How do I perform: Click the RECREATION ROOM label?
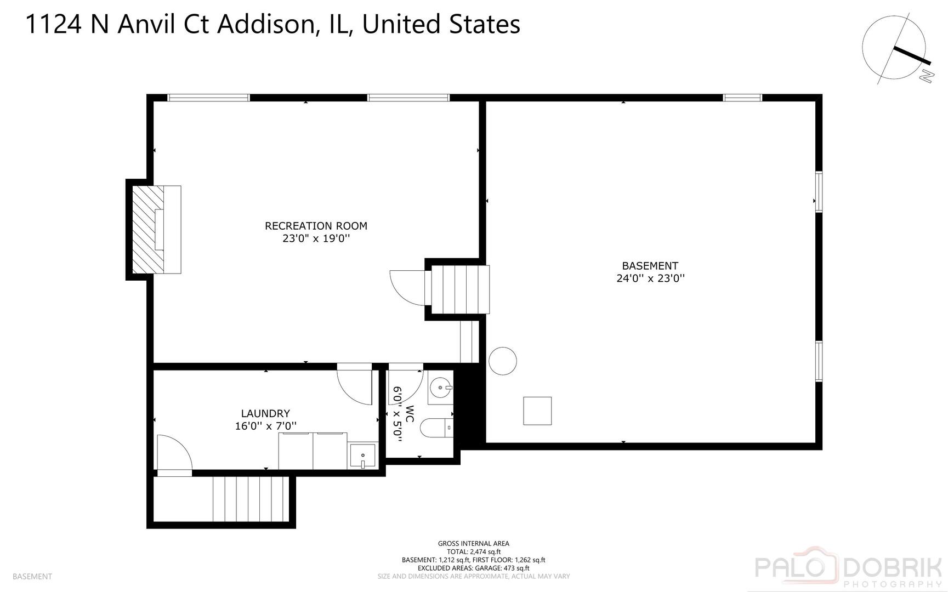[316, 226]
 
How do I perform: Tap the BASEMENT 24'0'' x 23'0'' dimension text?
[650, 278]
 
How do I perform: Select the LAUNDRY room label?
[265, 414]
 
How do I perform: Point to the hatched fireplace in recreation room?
[149, 229]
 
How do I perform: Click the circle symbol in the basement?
[502, 361]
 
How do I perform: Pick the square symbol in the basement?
[537, 411]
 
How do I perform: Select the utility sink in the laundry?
[362, 456]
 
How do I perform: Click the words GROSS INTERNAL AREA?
[473, 544]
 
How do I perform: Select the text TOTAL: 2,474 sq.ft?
[473, 552]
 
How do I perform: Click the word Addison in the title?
[266, 25]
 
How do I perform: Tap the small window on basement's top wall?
[742, 98]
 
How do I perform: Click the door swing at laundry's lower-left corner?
[173, 453]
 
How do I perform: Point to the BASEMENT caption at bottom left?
[32, 577]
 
